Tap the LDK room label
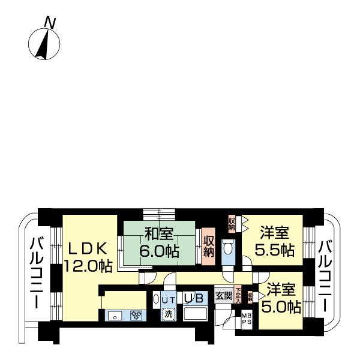click(x=87, y=248)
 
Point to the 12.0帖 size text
click(x=89, y=265)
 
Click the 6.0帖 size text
click(x=159, y=251)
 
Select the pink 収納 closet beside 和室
click(x=208, y=245)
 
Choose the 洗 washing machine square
click(x=169, y=313)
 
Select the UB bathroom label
click(x=195, y=298)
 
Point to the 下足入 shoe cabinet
click(x=238, y=294)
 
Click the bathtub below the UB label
click(x=195, y=314)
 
